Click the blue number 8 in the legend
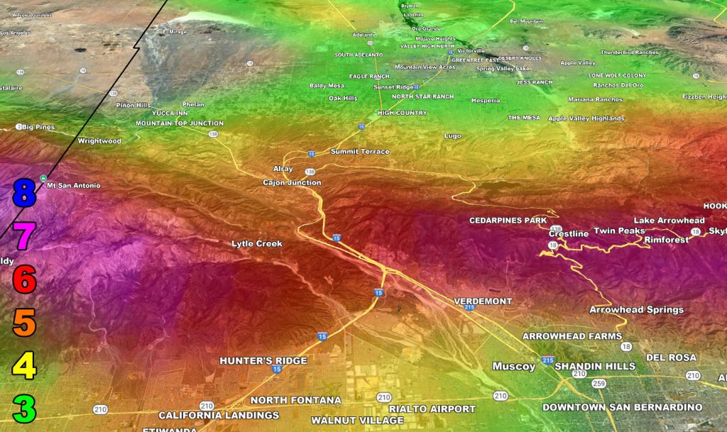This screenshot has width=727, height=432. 23,193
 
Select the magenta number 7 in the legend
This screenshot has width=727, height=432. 23,236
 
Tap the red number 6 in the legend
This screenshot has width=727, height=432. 23,279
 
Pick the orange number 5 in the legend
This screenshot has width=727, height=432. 23,323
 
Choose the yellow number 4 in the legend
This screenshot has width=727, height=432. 23,366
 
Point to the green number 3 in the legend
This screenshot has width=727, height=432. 23,409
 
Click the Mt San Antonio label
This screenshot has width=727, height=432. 73,186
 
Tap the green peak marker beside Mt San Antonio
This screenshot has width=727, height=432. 43,178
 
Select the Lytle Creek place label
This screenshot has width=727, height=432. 256,244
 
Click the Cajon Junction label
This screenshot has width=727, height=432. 292,183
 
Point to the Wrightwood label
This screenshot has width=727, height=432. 99,141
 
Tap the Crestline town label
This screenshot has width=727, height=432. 569,234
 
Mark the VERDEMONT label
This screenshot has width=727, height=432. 483,301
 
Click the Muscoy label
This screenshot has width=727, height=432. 514,367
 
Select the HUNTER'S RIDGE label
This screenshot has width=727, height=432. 263,361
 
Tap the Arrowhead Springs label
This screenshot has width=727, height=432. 636,310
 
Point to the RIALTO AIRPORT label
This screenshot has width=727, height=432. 432,409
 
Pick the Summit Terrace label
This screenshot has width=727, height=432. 360,152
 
